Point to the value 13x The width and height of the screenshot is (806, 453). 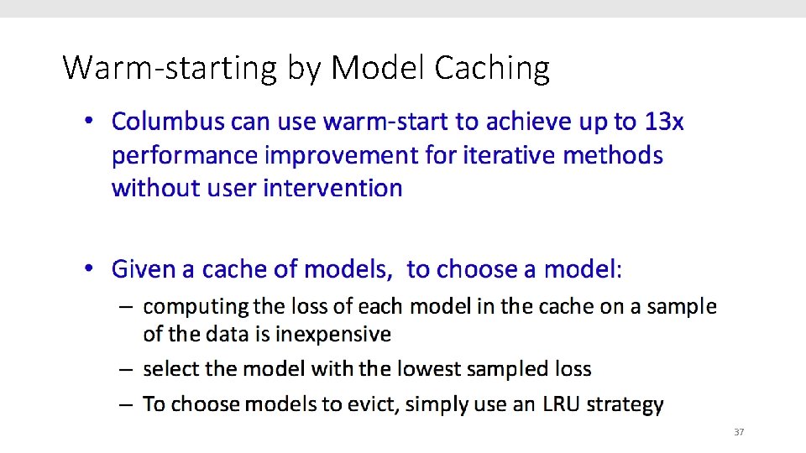[664, 122]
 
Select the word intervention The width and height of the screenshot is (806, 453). [332, 188]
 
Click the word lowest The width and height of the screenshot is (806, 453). [428, 369]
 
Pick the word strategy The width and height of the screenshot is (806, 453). [625, 404]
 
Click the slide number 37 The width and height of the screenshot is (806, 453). [739, 432]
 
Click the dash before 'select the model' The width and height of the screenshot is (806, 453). [125, 369]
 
